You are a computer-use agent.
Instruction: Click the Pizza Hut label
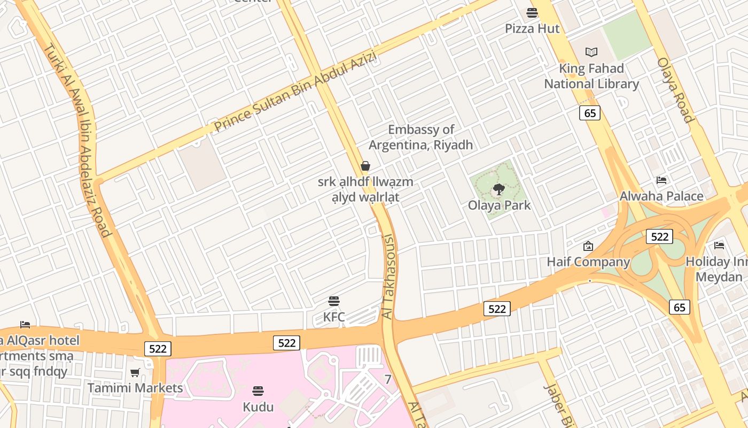coord(532,28)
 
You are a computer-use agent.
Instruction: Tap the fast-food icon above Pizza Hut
coord(532,12)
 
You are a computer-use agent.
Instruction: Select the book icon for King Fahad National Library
coord(591,52)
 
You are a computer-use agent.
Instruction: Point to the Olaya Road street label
coord(675,90)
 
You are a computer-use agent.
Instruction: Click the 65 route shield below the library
coord(590,113)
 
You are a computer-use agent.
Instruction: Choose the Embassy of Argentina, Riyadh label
coord(421,137)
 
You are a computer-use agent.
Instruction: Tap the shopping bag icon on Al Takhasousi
coord(365,166)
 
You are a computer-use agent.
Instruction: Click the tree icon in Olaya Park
coord(499,189)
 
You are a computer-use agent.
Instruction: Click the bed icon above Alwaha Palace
coord(661,180)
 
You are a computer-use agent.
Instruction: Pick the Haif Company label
coord(588,262)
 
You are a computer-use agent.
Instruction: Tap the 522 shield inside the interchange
coord(659,236)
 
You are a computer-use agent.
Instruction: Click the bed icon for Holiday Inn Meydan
coord(719,246)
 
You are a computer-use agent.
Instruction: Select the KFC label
coord(334,317)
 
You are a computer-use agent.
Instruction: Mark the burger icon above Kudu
coord(258,391)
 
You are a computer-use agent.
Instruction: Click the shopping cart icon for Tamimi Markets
coord(135,372)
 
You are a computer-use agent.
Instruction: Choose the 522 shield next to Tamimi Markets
coord(158,349)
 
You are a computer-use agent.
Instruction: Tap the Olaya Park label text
coord(500,205)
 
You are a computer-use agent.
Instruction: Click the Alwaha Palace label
coord(661,196)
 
